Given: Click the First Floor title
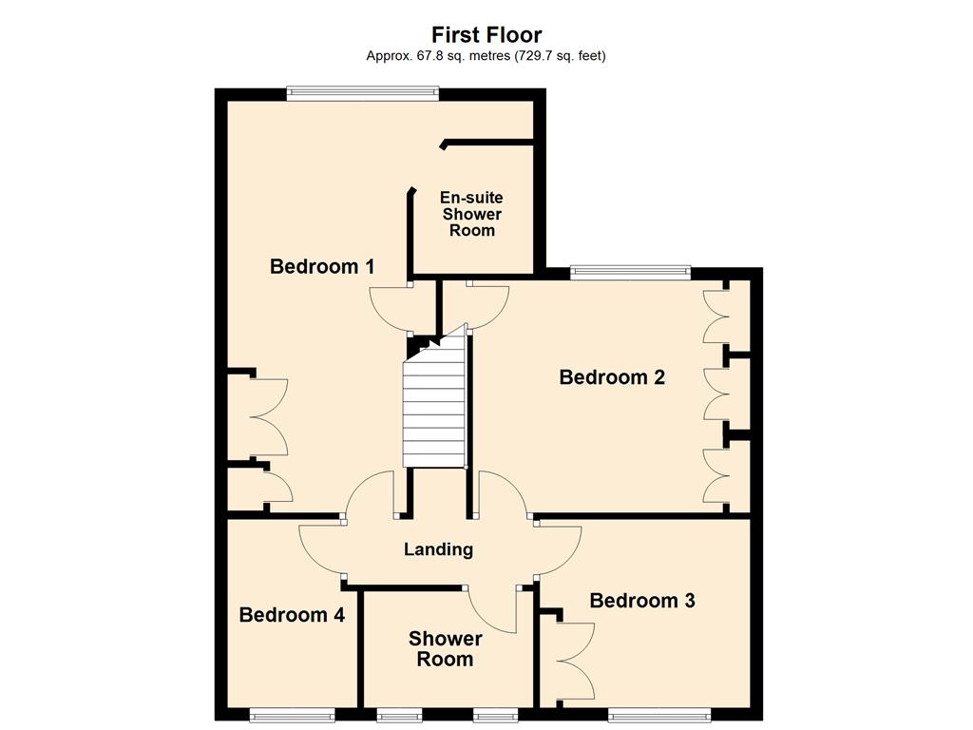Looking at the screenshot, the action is coord(486,34).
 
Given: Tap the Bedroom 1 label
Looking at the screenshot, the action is coord(322,266).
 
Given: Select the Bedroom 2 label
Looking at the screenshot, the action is coord(612,376).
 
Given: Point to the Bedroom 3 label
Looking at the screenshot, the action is coord(642,601).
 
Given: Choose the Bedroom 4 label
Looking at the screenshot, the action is coord(292,615).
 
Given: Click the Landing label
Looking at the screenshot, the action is coord(438,549).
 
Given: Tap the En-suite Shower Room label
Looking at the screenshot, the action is coord(471,214).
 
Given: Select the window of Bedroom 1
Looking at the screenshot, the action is coord(363,94).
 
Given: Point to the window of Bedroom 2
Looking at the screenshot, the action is coord(631,272).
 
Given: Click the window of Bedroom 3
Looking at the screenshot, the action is coord(659,716).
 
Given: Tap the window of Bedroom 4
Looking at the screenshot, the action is coord(293,716).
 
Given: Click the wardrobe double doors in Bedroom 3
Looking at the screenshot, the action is coord(575,662).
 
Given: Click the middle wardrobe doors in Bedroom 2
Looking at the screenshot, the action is coord(715,394).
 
